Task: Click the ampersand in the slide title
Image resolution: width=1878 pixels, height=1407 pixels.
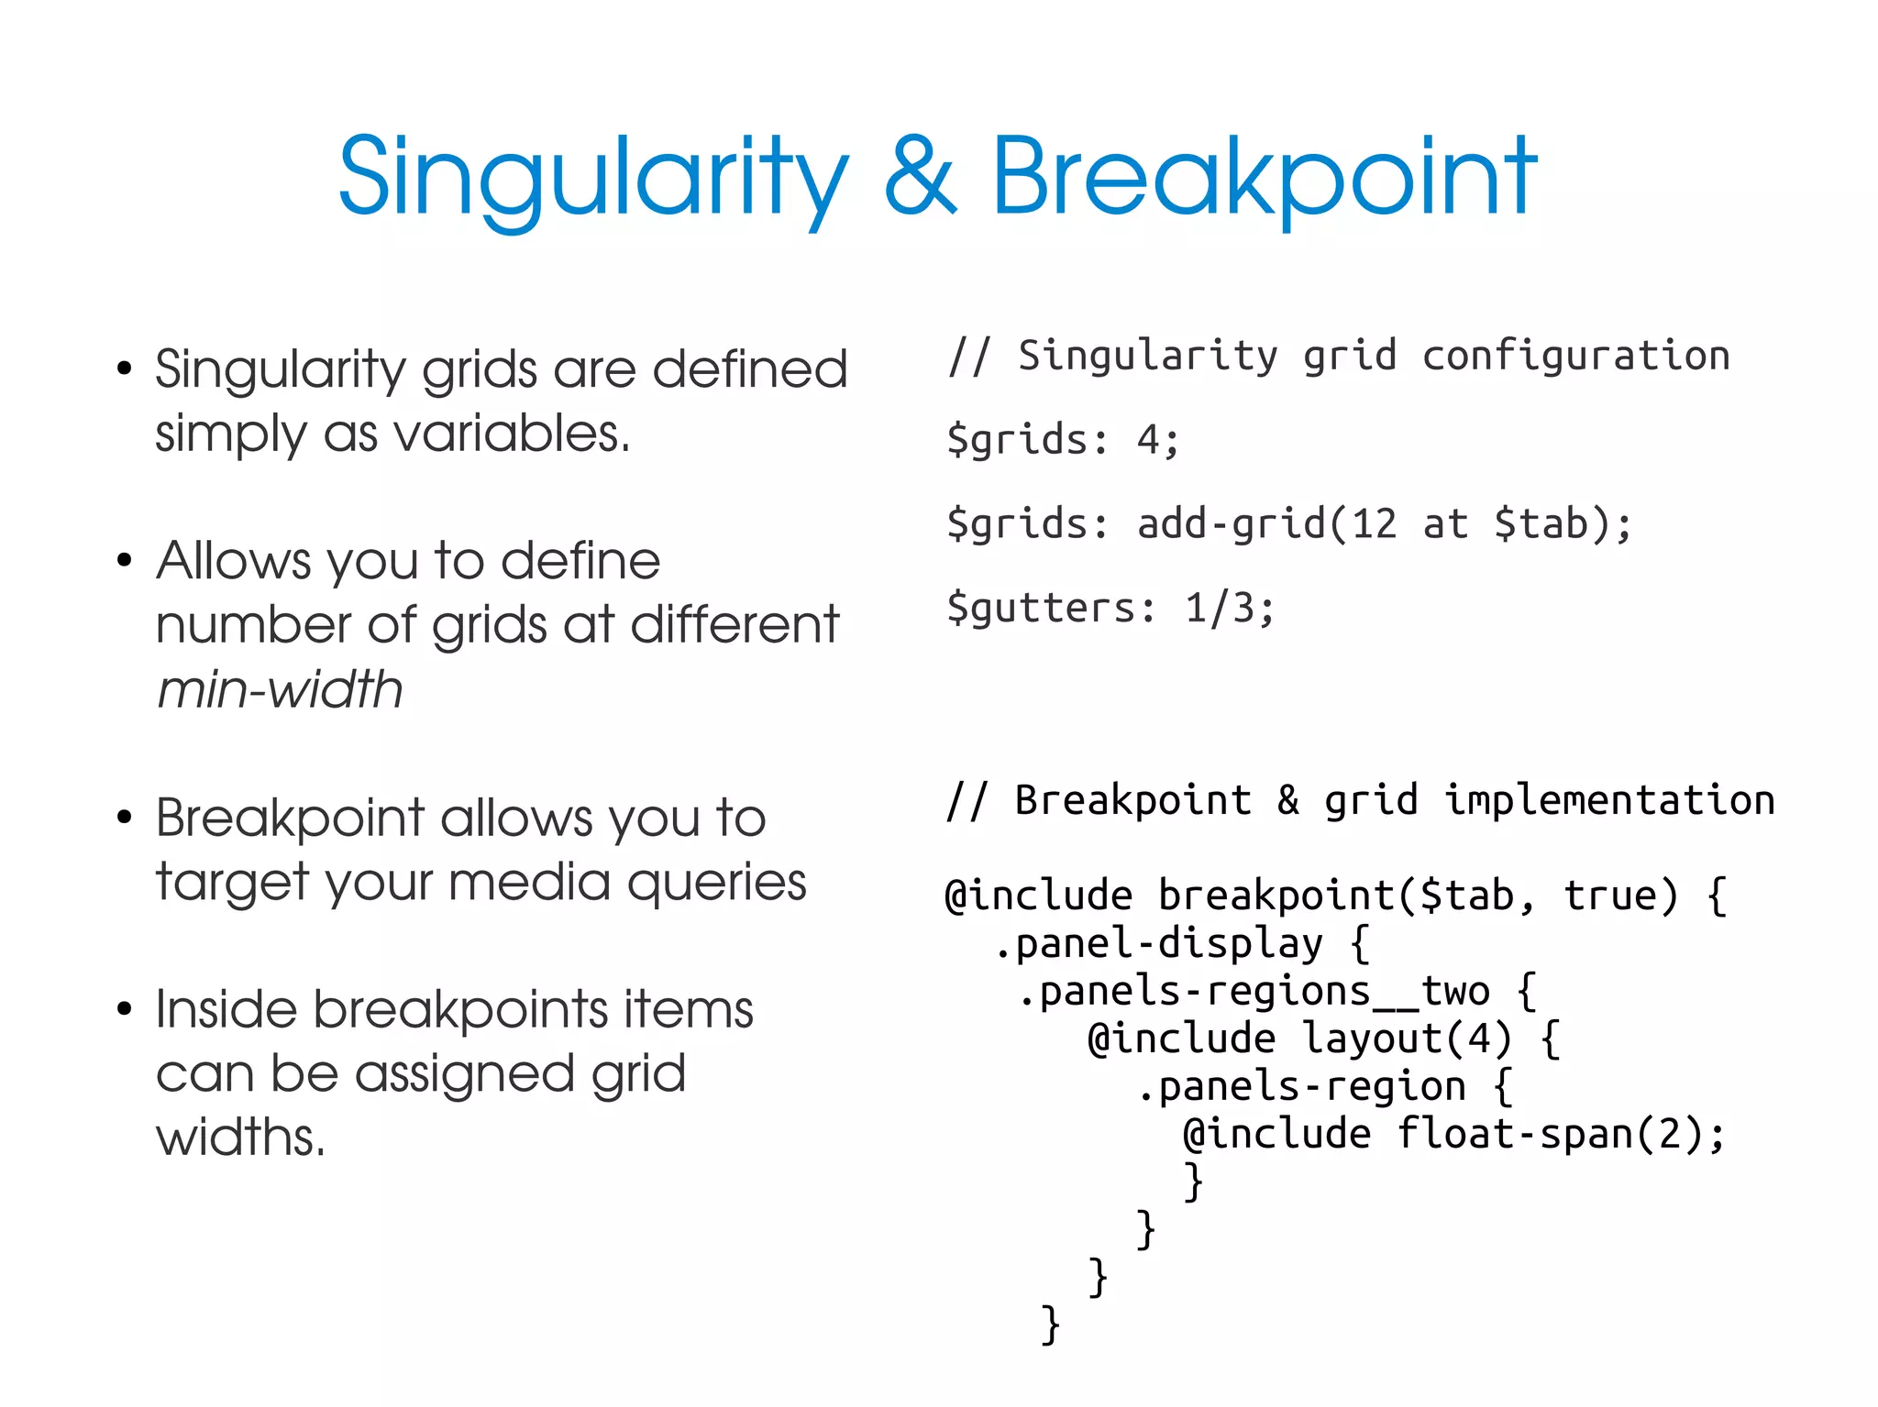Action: coord(921,176)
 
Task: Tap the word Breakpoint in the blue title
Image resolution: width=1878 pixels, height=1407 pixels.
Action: coord(1264,176)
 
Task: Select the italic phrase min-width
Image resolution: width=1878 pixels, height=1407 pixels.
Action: coord(280,689)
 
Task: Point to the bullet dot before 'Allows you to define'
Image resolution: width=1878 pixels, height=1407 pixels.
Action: coord(125,560)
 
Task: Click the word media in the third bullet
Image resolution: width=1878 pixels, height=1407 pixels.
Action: coord(526,882)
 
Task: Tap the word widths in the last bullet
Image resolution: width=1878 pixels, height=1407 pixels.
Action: coord(239,1138)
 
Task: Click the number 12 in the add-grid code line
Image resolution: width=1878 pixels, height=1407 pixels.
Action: coord(1374,524)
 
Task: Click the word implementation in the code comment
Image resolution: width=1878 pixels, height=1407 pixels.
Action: coord(1609,800)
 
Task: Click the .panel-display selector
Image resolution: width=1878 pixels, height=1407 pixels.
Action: coord(1159,943)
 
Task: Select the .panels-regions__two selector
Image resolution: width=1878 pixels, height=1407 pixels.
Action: coord(1254,991)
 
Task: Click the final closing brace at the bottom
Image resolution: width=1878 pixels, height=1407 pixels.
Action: coord(1051,1325)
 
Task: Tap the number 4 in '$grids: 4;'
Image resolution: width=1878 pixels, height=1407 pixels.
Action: coord(1148,440)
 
